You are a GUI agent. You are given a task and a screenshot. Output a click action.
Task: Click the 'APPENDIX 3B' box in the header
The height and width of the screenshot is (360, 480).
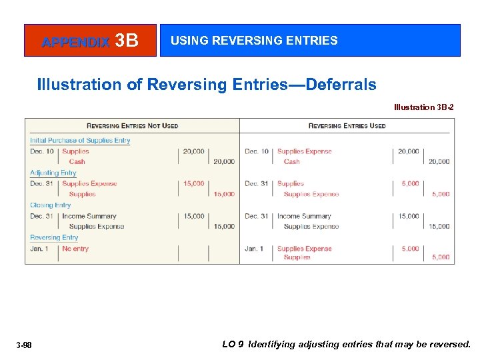click(90, 41)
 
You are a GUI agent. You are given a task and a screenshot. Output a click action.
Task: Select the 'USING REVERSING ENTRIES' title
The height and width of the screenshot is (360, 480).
click(254, 41)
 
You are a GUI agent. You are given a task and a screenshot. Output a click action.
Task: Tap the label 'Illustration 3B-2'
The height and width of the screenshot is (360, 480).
click(424, 107)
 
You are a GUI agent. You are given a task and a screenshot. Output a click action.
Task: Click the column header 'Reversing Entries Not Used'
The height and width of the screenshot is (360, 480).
click(132, 125)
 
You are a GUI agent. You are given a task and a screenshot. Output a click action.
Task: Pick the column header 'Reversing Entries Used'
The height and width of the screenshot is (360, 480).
click(347, 125)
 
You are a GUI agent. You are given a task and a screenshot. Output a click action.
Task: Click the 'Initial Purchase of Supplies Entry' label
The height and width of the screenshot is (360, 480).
click(80, 141)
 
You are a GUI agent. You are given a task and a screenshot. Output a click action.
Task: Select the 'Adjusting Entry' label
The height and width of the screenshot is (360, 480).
click(53, 173)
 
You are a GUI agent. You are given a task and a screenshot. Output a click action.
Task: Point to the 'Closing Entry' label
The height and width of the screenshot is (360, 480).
click(50, 205)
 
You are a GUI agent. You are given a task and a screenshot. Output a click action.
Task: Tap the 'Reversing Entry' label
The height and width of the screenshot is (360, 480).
click(54, 237)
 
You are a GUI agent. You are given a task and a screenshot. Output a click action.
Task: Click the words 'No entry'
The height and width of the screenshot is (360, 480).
click(75, 249)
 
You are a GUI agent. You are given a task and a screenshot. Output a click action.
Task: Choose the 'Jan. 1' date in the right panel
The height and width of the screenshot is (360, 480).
click(254, 249)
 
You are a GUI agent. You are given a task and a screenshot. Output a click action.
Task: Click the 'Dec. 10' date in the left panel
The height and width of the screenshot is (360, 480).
click(41, 151)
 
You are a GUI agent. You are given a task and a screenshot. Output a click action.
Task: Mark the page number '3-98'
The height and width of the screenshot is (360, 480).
click(24, 345)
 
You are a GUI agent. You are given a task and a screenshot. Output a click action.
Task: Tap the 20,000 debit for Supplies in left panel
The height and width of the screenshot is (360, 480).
click(193, 151)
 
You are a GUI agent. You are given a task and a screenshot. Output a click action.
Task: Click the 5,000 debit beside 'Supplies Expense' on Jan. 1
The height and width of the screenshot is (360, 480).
click(409, 249)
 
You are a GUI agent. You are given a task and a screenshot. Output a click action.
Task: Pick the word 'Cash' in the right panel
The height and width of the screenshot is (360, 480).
click(292, 161)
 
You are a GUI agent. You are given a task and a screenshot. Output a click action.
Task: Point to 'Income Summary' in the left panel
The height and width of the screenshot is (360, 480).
click(89, 216)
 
